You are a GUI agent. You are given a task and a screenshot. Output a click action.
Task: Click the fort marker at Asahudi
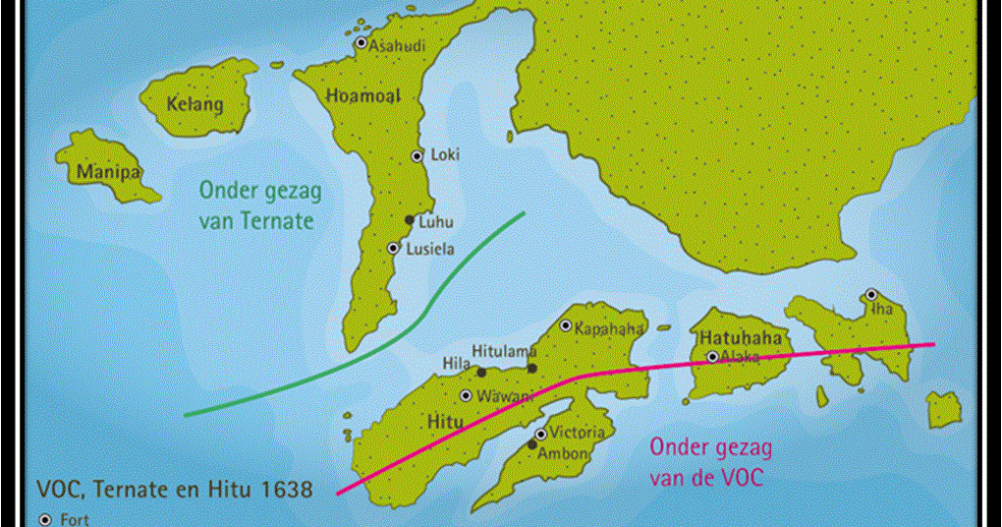[x=362, y=43]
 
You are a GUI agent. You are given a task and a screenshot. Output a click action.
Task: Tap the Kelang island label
[x=195, y=104]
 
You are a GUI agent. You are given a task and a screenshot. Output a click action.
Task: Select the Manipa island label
[x=109, y=174]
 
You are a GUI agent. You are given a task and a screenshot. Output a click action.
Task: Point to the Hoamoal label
[x=361, y=95]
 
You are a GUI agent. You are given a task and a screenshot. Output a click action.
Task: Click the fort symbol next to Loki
[x=417, y=155]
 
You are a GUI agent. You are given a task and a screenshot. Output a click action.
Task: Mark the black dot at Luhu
[x=410, y=220]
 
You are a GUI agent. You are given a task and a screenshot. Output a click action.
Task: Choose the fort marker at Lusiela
[x=393, y=249]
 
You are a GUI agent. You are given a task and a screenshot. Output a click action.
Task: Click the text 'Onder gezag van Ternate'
[x=256, y=205]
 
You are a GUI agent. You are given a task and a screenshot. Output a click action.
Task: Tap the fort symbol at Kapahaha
[x=565, y=325]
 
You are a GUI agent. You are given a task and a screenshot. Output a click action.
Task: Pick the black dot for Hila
[x=481, y=372]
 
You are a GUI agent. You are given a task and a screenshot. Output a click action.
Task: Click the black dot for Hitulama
[x=531, y=369]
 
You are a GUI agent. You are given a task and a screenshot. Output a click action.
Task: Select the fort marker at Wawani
[x=466, y=395]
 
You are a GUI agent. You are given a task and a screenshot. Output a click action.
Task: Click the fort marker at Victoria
[x=540, y=434]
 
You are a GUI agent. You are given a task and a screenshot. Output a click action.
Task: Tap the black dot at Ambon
[x=532, y=445]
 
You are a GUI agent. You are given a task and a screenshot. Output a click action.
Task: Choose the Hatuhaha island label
[x=742, y=338]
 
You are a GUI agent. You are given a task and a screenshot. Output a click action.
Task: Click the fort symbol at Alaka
[x=712, y=357]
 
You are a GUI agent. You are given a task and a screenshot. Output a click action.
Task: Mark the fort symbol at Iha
[x=870, y=294]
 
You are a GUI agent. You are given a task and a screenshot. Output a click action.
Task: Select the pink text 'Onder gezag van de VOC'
[x=706, y=462]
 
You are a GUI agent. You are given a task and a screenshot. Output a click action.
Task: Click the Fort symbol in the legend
[x=44, y=519]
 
